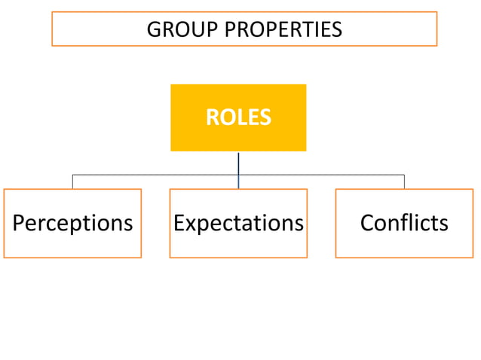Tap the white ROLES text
tap(238, 117)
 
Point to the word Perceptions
tap(72, 223)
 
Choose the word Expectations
tap(238, 223)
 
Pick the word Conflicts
tap(404, 223)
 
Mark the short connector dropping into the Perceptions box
tap(72, 182)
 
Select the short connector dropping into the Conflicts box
tap(404, 182)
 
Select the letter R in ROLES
tap(212, 117)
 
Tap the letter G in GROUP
tap(154, 29)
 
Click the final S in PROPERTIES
tap(336, 29)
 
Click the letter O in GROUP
tap(179, 29)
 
